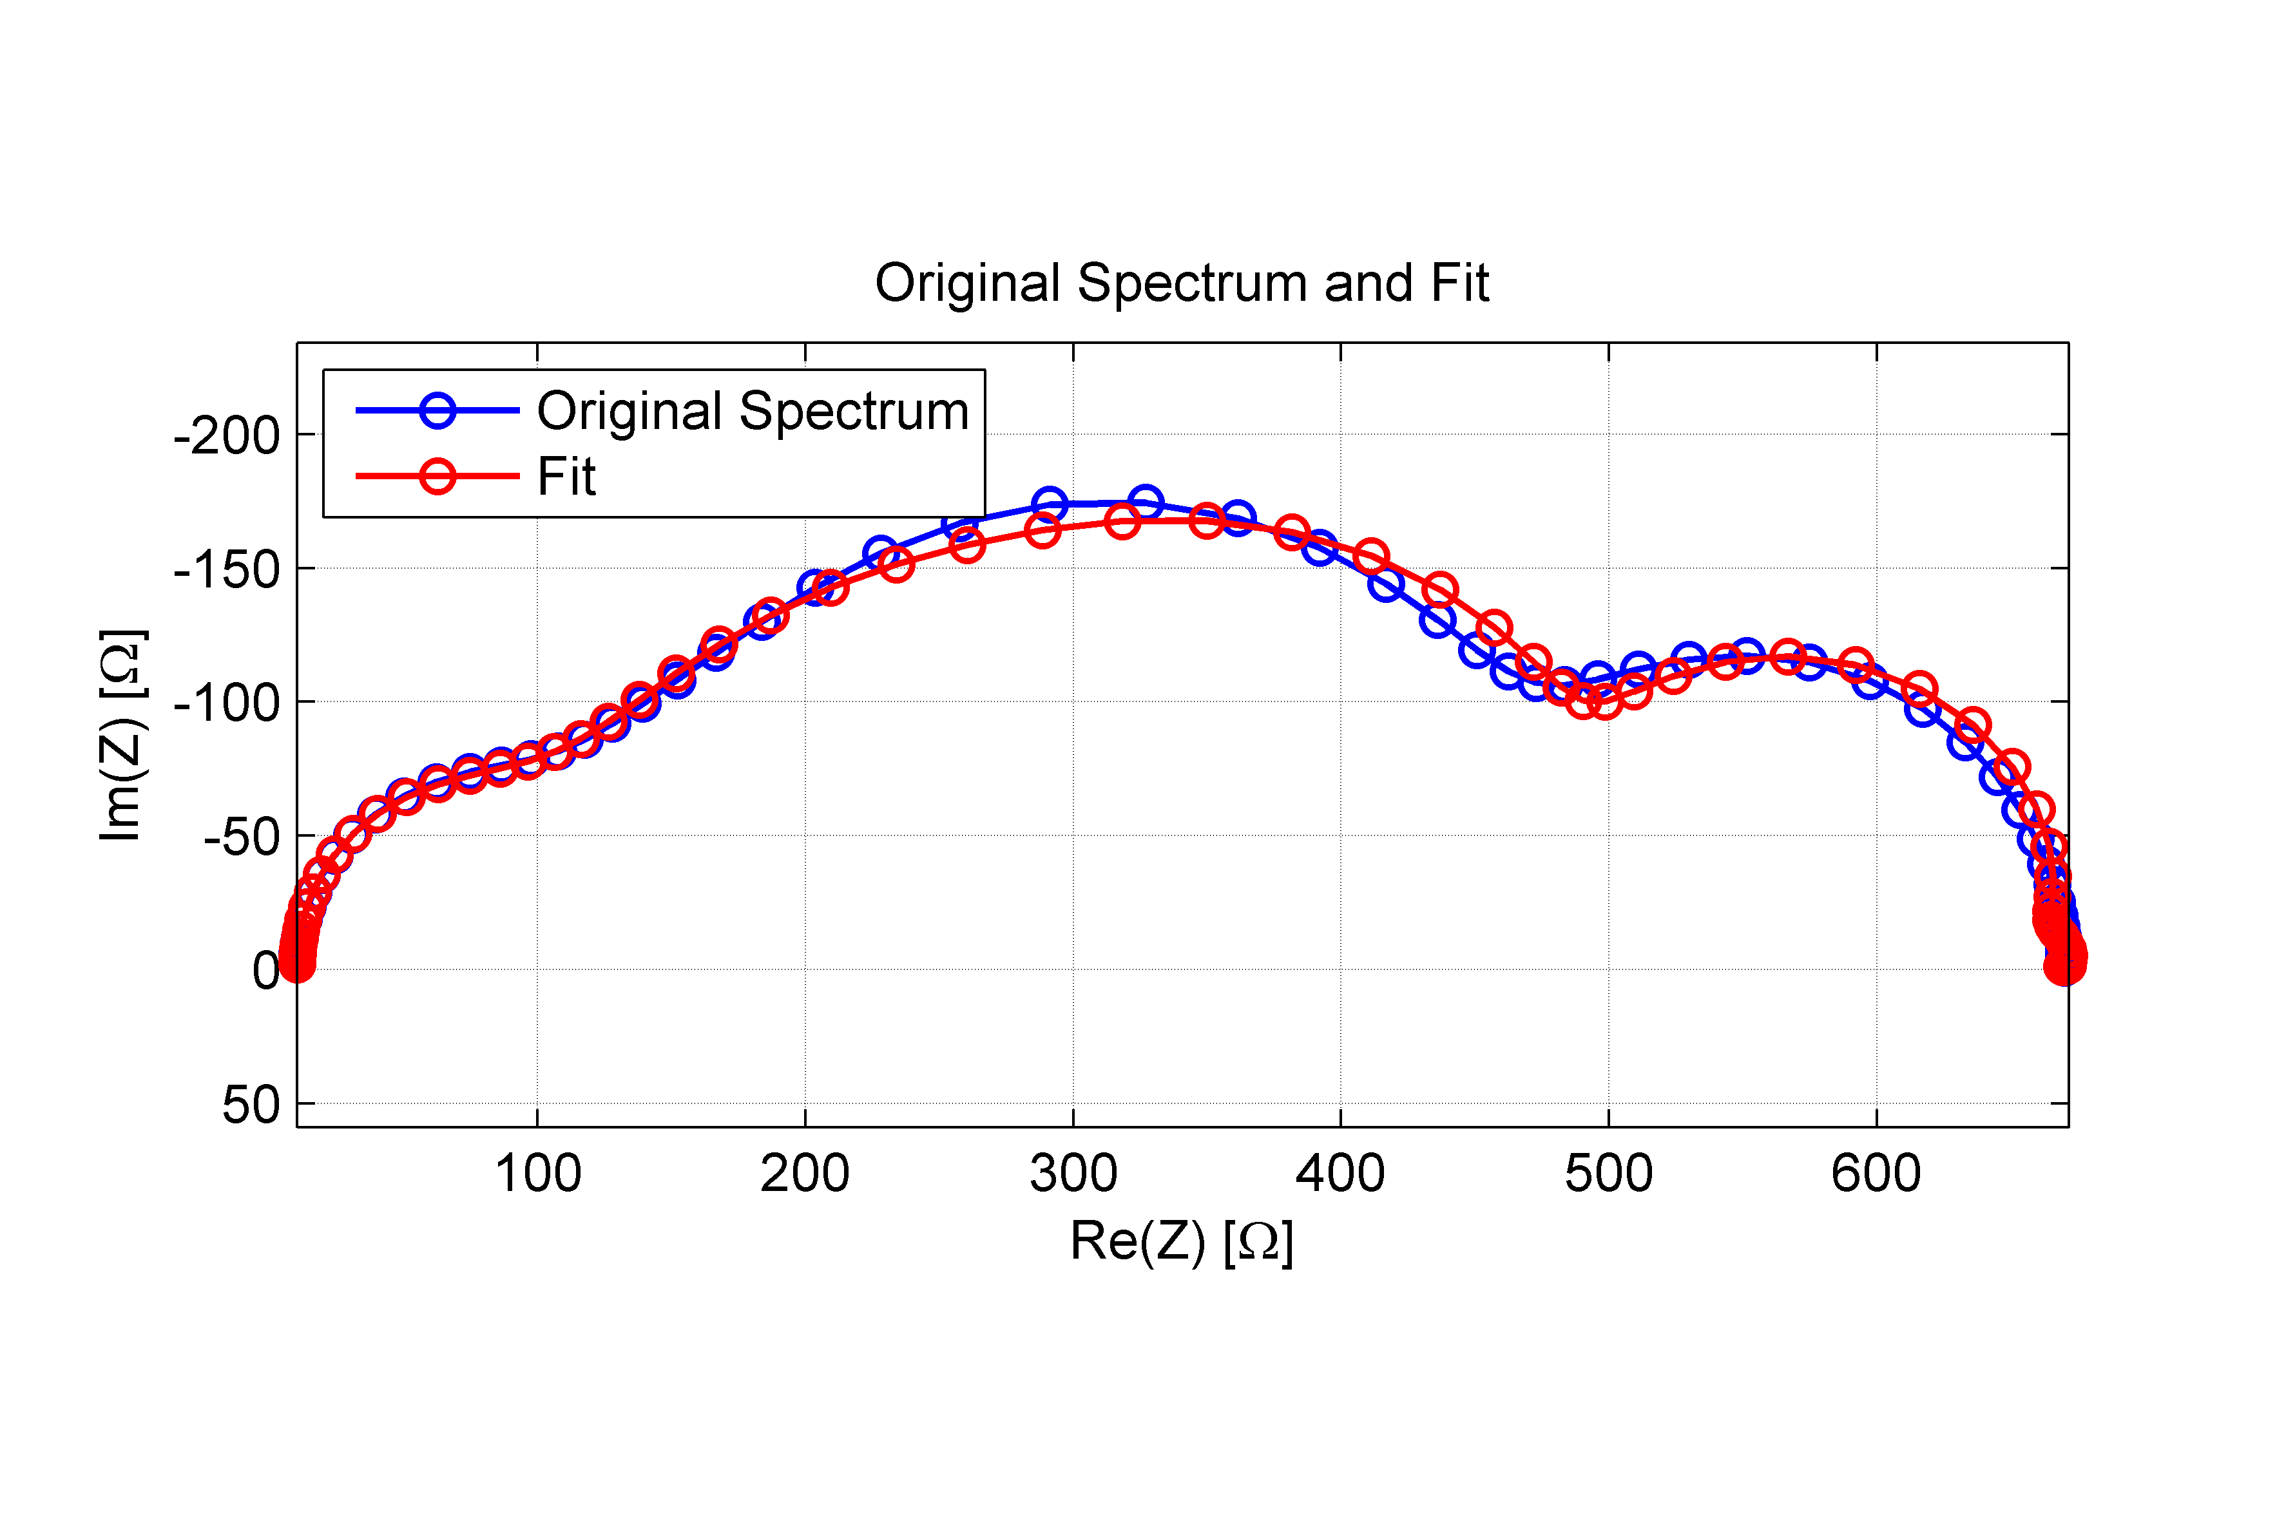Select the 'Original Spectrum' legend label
[x=753, y=411]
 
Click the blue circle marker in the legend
[x=437, y=410]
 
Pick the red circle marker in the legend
[x=437, y=476]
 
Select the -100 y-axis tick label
[x=226, y=703]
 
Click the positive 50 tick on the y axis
[x=251, y=1105]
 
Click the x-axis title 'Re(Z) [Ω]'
[x=1181, y=1241]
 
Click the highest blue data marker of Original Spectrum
[x=1146, y=502]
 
